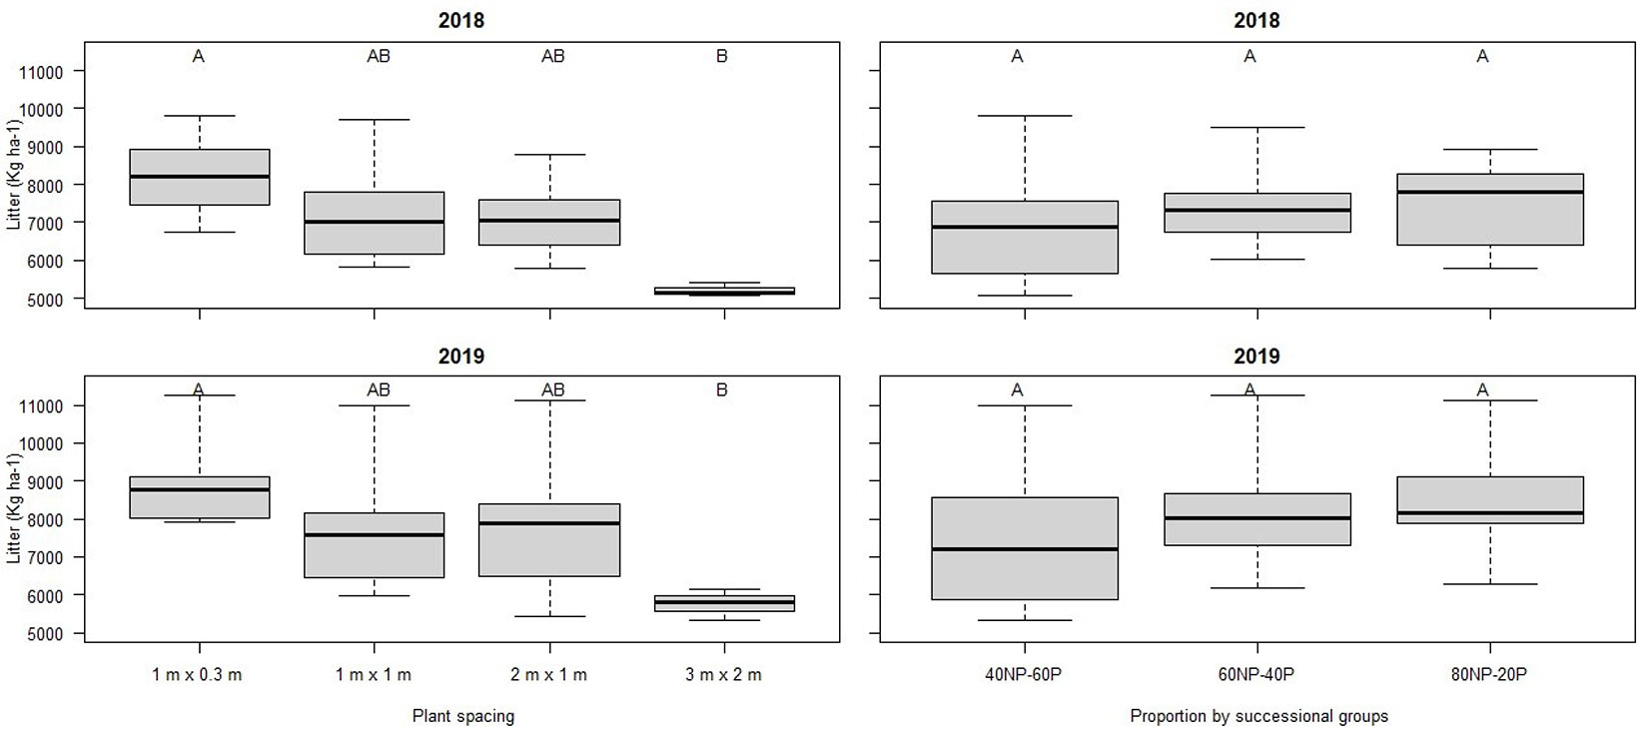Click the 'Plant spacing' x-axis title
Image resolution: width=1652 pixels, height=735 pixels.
coord(463,716)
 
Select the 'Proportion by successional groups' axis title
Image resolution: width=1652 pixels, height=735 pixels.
coord(1258,716)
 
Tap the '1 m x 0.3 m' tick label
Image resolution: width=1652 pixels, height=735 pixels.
coord(198,675)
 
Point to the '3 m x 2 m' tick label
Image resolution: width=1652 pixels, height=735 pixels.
coord(723,675)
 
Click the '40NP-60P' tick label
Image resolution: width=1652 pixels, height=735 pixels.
coord(1024,675)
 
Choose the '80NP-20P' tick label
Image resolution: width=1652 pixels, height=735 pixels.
coord(1489,675)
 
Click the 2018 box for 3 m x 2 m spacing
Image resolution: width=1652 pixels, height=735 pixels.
coord(723,291)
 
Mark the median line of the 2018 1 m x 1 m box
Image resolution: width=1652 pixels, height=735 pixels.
coord(374,222)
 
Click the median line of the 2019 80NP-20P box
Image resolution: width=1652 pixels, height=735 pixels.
coord(1489,513)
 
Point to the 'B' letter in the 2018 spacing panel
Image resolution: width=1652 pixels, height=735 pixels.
coord(722,57)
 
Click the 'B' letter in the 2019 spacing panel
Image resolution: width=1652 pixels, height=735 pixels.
coord(722,390)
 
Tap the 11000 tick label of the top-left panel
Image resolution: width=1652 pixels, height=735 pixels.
coord(40,72)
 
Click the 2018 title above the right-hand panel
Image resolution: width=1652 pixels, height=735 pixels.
coord(1256,20)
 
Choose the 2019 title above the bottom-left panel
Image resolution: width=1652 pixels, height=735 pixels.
coord(460,356)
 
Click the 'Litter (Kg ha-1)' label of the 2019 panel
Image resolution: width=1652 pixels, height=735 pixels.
coord(14,509)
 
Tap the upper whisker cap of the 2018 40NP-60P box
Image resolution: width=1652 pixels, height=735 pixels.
coord(1024,116)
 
